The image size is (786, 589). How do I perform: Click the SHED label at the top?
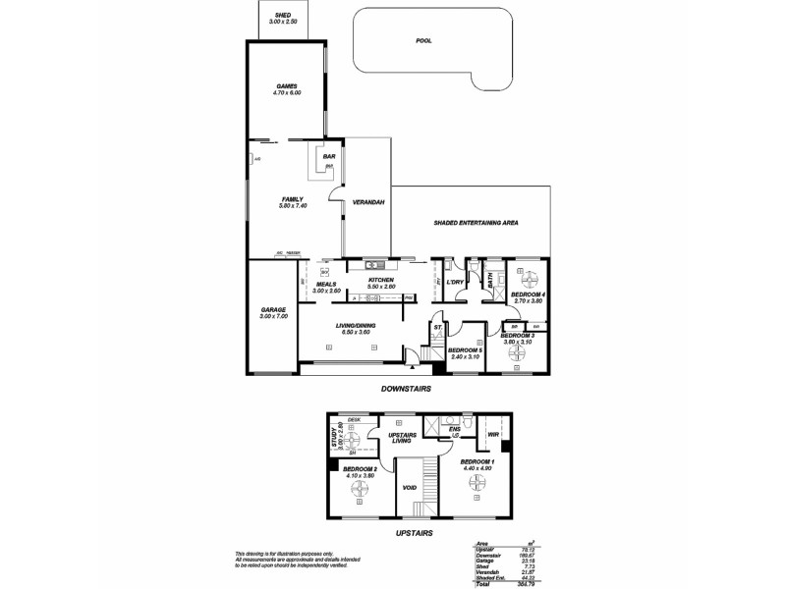[282, 16]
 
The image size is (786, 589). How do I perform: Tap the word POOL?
[424, 41]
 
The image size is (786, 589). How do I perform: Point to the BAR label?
[329, 156]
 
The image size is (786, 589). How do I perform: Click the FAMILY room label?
[294, 200]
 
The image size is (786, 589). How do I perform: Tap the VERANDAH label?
[368, 202]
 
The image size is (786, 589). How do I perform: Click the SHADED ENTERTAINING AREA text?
[476, 223]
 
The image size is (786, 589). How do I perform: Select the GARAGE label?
[273, 309]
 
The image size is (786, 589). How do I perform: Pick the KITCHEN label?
[381, 281]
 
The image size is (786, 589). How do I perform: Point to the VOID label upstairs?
[411, 486]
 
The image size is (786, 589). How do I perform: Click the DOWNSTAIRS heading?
[406, 389]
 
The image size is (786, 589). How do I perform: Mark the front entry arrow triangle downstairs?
[411, 367]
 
